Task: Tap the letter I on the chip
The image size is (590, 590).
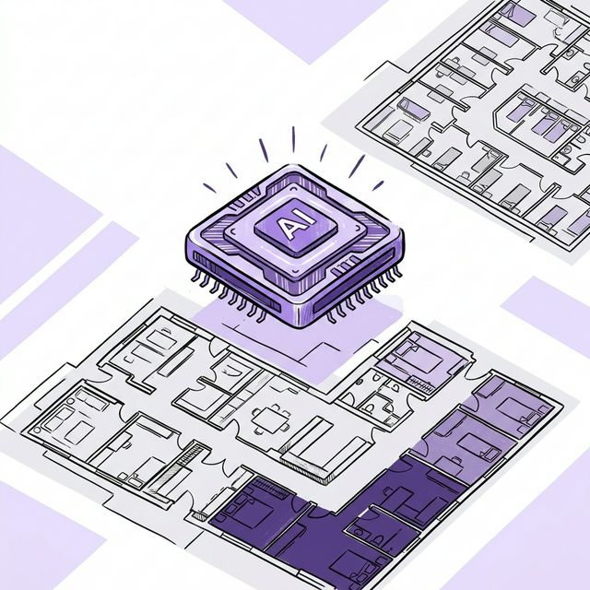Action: [299, 222]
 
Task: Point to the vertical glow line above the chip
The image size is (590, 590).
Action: [293, 139]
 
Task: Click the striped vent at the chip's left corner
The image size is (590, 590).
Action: [213, 242]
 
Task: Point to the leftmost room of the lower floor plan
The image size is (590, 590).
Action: [69, 419]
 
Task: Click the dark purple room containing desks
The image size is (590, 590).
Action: [406, 502]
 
